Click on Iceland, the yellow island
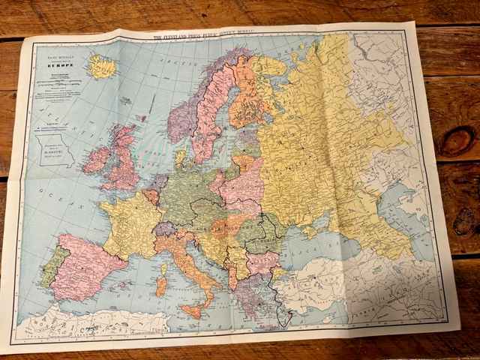100,67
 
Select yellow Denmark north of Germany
181,157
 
